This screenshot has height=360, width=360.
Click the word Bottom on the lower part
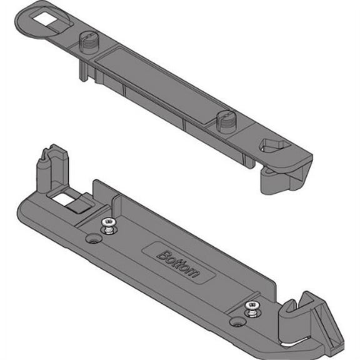click(177, 264)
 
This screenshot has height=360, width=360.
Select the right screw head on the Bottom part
click(252, 306)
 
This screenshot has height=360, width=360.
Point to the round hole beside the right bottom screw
click(237, 322)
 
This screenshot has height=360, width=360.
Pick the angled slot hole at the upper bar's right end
click(273, 147)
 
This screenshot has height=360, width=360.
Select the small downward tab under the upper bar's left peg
click(82, 71)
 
